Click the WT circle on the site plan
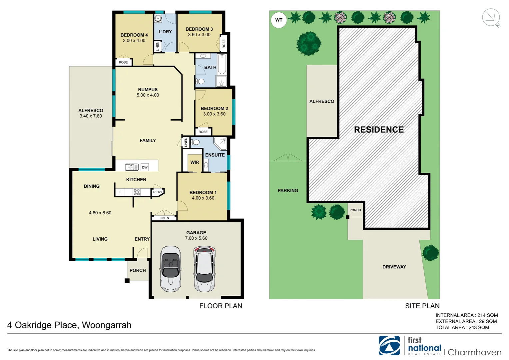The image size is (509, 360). (x=278, y=20)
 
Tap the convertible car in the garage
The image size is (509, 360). (x=171, y=269)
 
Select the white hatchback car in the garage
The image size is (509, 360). (x=204, y=269)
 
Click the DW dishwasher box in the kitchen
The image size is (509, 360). (x=145, y=167)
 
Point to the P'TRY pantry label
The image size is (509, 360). (x=158, y=192)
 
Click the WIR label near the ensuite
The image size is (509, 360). (x=195, y=162)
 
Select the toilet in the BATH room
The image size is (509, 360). (x=200, y=81)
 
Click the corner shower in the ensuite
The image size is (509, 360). (x=220, y=143)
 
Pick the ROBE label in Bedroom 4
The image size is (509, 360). (x=123, y=62)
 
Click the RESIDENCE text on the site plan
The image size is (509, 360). (x=379, y=130)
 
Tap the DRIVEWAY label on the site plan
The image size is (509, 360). (x=394, y=267)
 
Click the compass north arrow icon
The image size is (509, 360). (x=491, y=18)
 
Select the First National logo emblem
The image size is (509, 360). (x=389, y=346)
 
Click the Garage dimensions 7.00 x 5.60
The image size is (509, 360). (x=196, y=238)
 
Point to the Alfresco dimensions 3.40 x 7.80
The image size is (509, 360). (x=91, y=116)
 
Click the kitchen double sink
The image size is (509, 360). (x=132, y=167)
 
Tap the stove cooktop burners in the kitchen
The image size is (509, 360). (x=137, y=192)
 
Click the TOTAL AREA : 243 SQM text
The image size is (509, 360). (x=462, y=328)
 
